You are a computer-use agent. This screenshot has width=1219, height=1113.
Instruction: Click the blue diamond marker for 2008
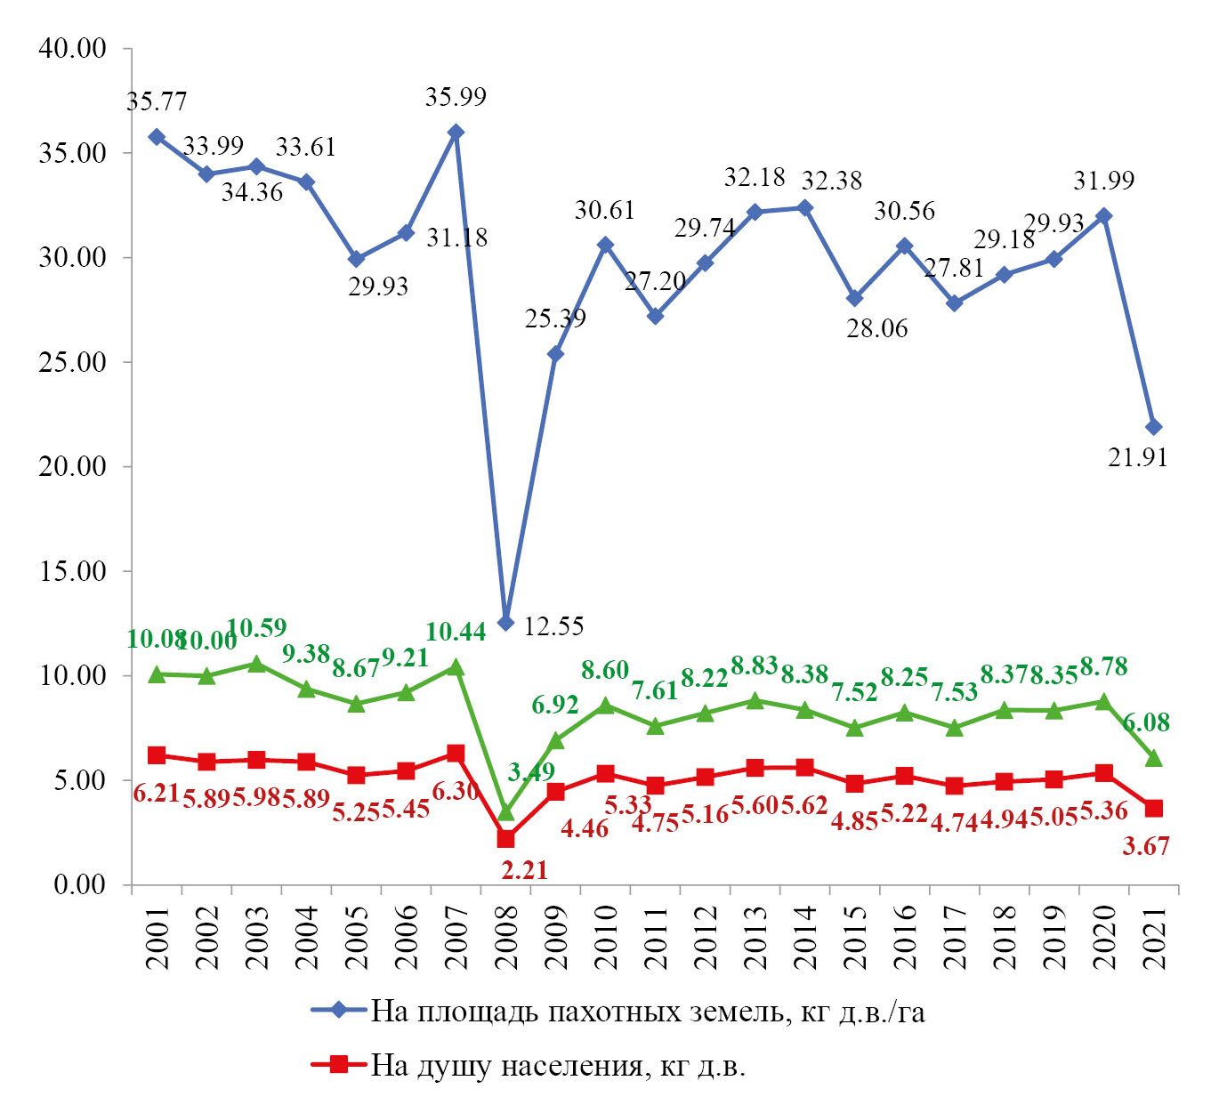505,623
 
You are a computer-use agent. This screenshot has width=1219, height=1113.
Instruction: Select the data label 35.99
456,97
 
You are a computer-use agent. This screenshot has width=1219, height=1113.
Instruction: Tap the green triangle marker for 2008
505,812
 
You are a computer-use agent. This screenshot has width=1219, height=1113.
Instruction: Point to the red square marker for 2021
1153,808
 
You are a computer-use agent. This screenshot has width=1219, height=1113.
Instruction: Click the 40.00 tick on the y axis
72,48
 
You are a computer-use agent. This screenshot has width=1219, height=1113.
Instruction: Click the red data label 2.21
524,870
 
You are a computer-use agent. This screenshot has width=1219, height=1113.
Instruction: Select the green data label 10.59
257,628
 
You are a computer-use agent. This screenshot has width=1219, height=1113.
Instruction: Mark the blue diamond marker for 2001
157,137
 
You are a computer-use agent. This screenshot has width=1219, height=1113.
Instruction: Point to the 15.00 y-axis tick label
72,571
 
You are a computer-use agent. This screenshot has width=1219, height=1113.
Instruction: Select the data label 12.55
553,626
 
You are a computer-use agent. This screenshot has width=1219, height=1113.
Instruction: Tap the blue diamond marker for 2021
1153,427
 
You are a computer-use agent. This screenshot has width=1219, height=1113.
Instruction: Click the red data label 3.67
1146,846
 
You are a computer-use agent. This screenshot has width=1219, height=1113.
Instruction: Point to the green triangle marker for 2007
456,667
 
